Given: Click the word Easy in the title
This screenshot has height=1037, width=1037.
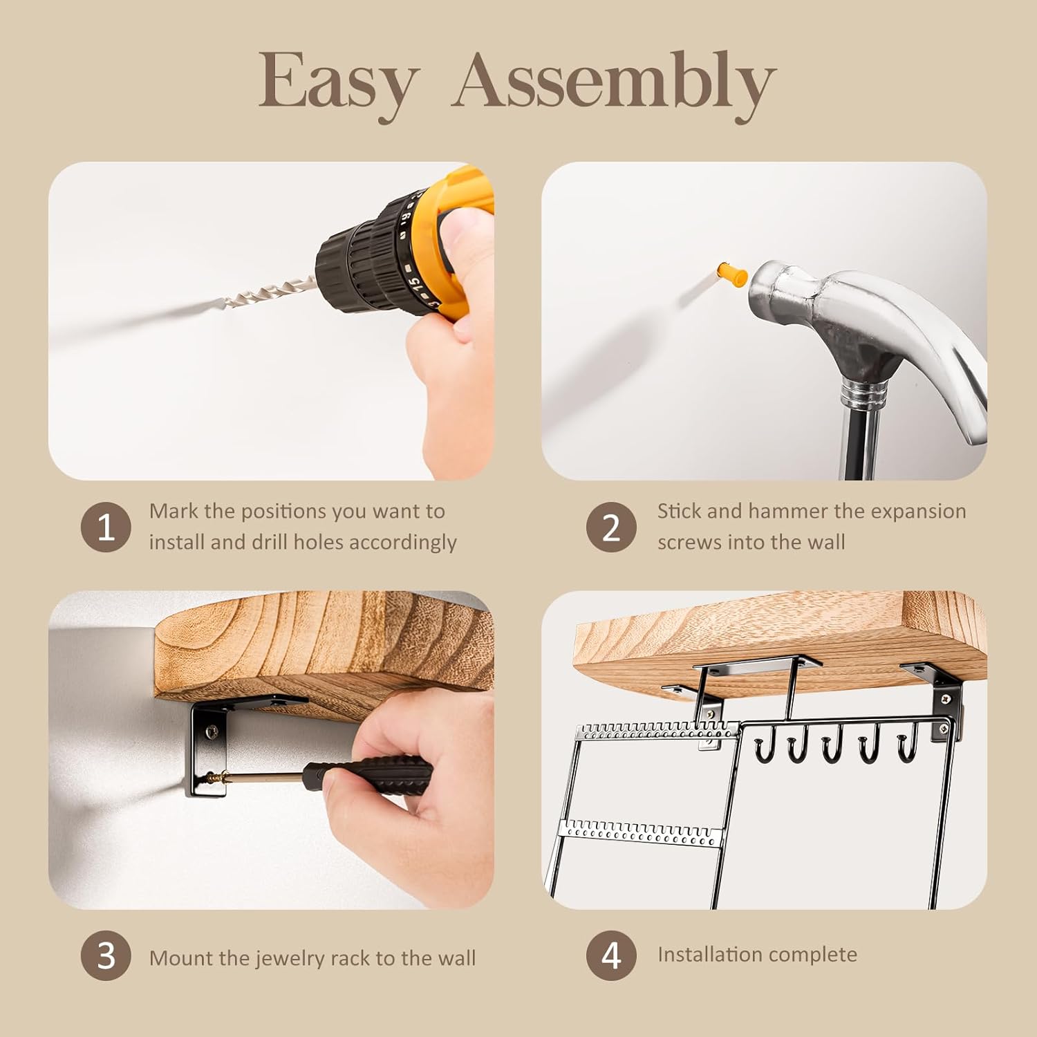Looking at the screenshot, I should [339, 82].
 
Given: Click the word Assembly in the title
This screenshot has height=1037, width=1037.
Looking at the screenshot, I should [614, 82].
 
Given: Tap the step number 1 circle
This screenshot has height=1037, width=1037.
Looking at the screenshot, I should [106, 527].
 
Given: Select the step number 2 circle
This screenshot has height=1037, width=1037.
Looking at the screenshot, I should [611, 527].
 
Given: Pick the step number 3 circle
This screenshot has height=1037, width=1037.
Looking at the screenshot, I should [106, 955].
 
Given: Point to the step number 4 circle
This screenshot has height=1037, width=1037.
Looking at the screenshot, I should [611, 955].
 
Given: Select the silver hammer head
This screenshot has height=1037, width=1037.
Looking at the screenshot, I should [830, 304].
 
